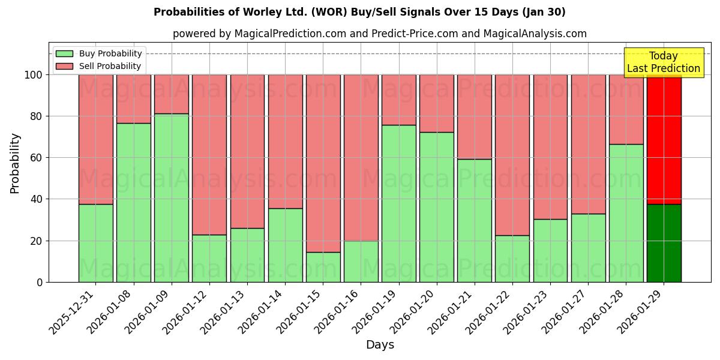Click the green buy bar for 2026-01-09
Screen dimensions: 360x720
pyautogui.click(x=172, y=197)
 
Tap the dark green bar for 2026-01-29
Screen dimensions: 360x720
pyautogui.click(x=664, y=243)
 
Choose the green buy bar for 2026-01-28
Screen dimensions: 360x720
pyautogui.click(x=626, y=213)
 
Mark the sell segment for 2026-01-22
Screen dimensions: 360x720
pyautogui.click(x=512, y=155)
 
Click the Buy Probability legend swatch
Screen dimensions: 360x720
pyautogui.click(x=64, y=53)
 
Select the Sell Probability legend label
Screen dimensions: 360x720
pyautogui.click(x=110, y=66)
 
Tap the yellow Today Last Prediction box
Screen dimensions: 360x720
pyautogui.click(x=664, y=62)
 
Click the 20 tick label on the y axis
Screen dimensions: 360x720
pyautogui.click(x=37, y=241)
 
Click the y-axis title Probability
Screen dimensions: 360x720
pyautogui.click(x=15, y=163)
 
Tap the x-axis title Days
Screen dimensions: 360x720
pyautogui.click(x=380, y=345)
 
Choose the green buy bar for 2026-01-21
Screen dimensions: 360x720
pyautogui.click(x=474, y=220)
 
